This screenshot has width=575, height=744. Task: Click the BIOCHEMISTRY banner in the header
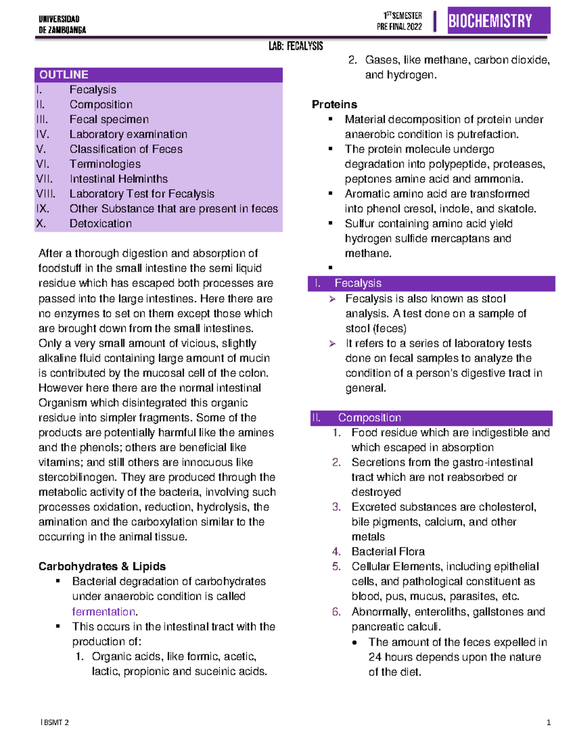pyautogui.click(x=498, y=21)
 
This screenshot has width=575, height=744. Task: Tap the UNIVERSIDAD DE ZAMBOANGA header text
pyautogui.click(x=62, y=24)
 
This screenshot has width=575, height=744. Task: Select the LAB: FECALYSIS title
pyautogui.click(x=296, y=46)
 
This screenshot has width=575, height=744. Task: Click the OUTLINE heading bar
pyautogui.click(x=158, y=75)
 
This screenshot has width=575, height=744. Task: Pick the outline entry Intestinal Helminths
pyautogui.click(x=118, y=179)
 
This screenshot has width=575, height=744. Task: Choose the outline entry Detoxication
pyautogui.click(x=100, y=224)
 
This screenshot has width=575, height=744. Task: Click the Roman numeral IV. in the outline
pyautogui.click(x=43, y=135)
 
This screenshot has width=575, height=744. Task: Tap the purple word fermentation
pyautogui.click(x=103, y=612)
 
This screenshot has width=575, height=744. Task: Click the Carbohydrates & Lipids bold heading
pyautogui.click(x=102, y=566)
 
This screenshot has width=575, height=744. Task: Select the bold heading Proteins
pyautogui.click(x=334, y=104)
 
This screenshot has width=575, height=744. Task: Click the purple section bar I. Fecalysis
pyautogui.click(x=431, y=284)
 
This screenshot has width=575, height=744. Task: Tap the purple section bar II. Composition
pyautogui.click(x=431, y=418)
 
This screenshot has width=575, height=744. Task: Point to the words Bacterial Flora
pyautogui.click(x=388, y=552)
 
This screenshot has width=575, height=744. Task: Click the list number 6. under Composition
pyautogui.click(x=336, y=612)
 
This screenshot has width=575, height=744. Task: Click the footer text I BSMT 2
pyautogui.click(x=55, y=722)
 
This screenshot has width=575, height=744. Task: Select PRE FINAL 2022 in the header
pyautogui.click(x=399, y=27)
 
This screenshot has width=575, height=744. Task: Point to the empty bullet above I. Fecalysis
pyautogui.click(x=330, y=268)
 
